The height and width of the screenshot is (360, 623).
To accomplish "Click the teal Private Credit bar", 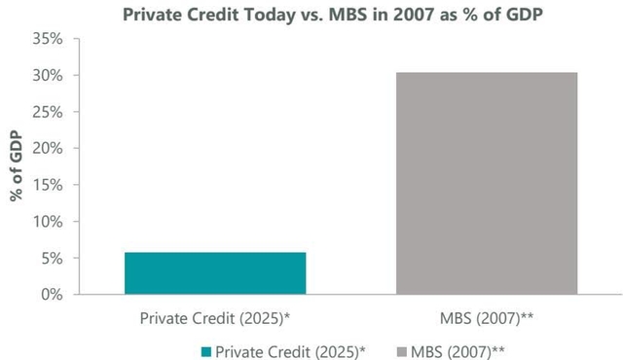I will coord(215,273).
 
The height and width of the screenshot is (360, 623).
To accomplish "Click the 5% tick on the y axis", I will coord(79,258).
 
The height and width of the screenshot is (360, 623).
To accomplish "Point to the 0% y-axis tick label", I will coord(79,294).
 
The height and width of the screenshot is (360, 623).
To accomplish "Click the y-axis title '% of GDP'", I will coord(18,166).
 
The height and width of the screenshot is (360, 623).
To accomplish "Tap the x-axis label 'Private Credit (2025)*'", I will coord(215,317).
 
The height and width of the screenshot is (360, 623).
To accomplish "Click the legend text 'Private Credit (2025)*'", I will coord(288,347).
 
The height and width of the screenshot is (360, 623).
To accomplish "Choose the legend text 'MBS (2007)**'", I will coord(458,347).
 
